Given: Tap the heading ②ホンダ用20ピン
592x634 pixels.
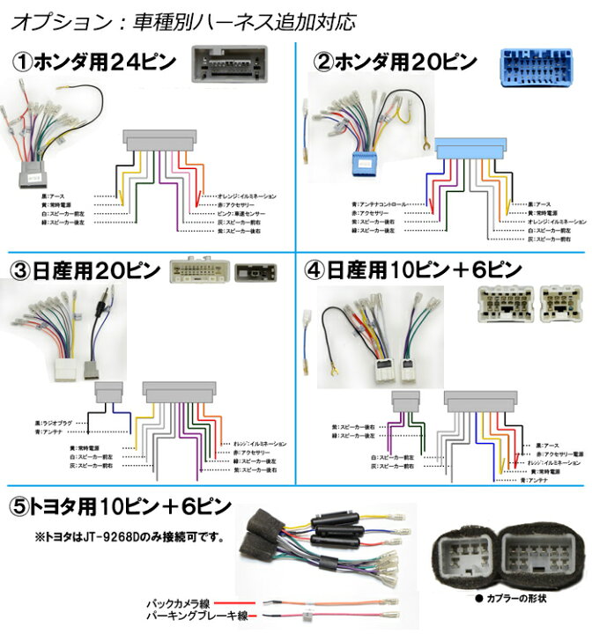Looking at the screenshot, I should [x=396, y=63].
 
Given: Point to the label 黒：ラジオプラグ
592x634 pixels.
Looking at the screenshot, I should [x=61, y=423].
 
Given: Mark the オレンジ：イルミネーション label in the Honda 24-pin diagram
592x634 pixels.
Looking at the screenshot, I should [x=248, y=195].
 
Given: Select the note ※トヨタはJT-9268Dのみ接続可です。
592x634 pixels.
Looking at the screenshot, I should [x=127, y=536].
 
